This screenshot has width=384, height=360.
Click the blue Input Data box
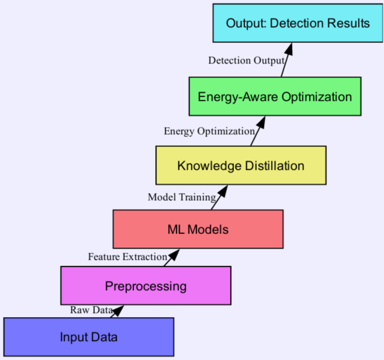[89, 337]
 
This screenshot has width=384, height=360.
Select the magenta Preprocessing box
[146, 286]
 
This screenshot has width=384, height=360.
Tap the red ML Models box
[198, 229]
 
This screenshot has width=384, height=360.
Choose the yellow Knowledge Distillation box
[240, 165]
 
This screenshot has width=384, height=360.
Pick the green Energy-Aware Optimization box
[274, 96]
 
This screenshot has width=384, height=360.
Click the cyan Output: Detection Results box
[298, 23]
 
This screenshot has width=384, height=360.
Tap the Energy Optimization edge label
[209, 131]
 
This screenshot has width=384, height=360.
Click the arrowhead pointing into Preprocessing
[118, 310]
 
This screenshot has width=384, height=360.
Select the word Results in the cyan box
[350, 23]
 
